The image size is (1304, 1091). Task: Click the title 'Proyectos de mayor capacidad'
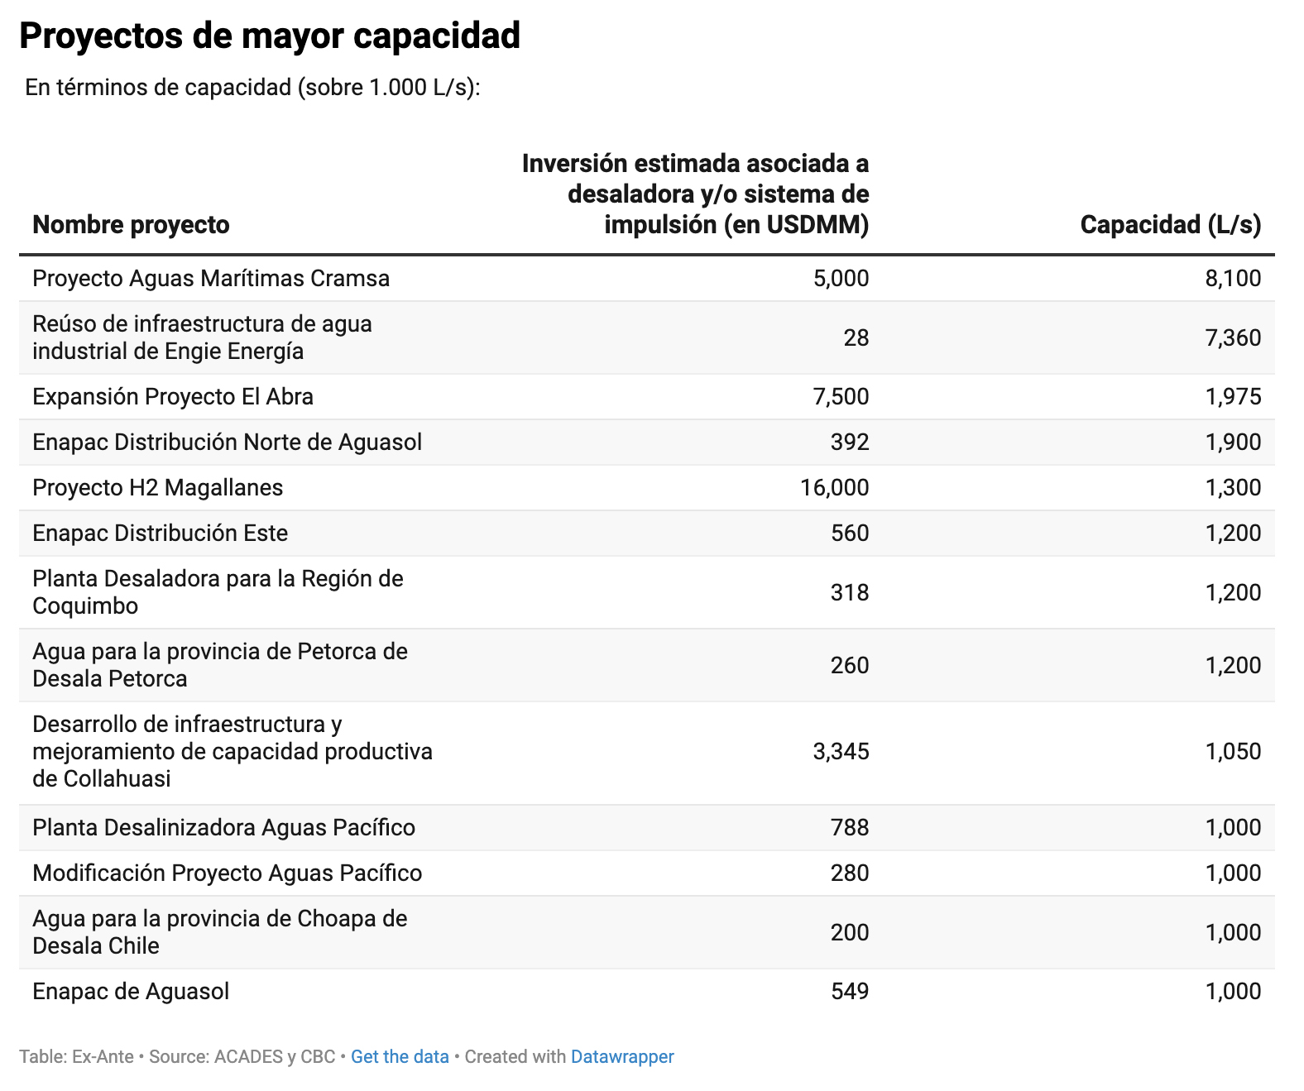coord(270,36)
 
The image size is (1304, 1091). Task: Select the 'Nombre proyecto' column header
coord(131,224)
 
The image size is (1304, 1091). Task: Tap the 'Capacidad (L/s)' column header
coord(1170,224)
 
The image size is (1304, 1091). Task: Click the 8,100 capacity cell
coord(1233,278)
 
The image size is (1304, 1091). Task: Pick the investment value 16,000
coord(834,487)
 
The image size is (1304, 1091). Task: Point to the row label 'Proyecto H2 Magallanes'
coord(157,487)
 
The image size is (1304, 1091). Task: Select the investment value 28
coord(856,337)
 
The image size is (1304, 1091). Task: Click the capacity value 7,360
coord(1233,337)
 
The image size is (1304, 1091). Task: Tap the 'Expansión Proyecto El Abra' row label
coord(173,396)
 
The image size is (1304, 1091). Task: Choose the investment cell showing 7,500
coord(841,396)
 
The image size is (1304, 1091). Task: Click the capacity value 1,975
coord(1233,396)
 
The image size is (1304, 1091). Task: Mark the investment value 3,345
coord(841,751)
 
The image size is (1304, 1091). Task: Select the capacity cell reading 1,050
coord(1233,751)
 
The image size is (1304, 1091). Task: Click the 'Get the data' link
coord(400,1056)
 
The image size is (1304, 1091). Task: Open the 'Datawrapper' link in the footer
coord(622,1056)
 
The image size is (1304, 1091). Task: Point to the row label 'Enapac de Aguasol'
coord(131,991)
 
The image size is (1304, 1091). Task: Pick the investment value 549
coord(850,991)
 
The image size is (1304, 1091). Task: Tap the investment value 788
coord(850,827)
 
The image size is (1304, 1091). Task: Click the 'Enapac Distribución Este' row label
coord(160,533)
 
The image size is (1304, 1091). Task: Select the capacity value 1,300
coord(1233,487)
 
